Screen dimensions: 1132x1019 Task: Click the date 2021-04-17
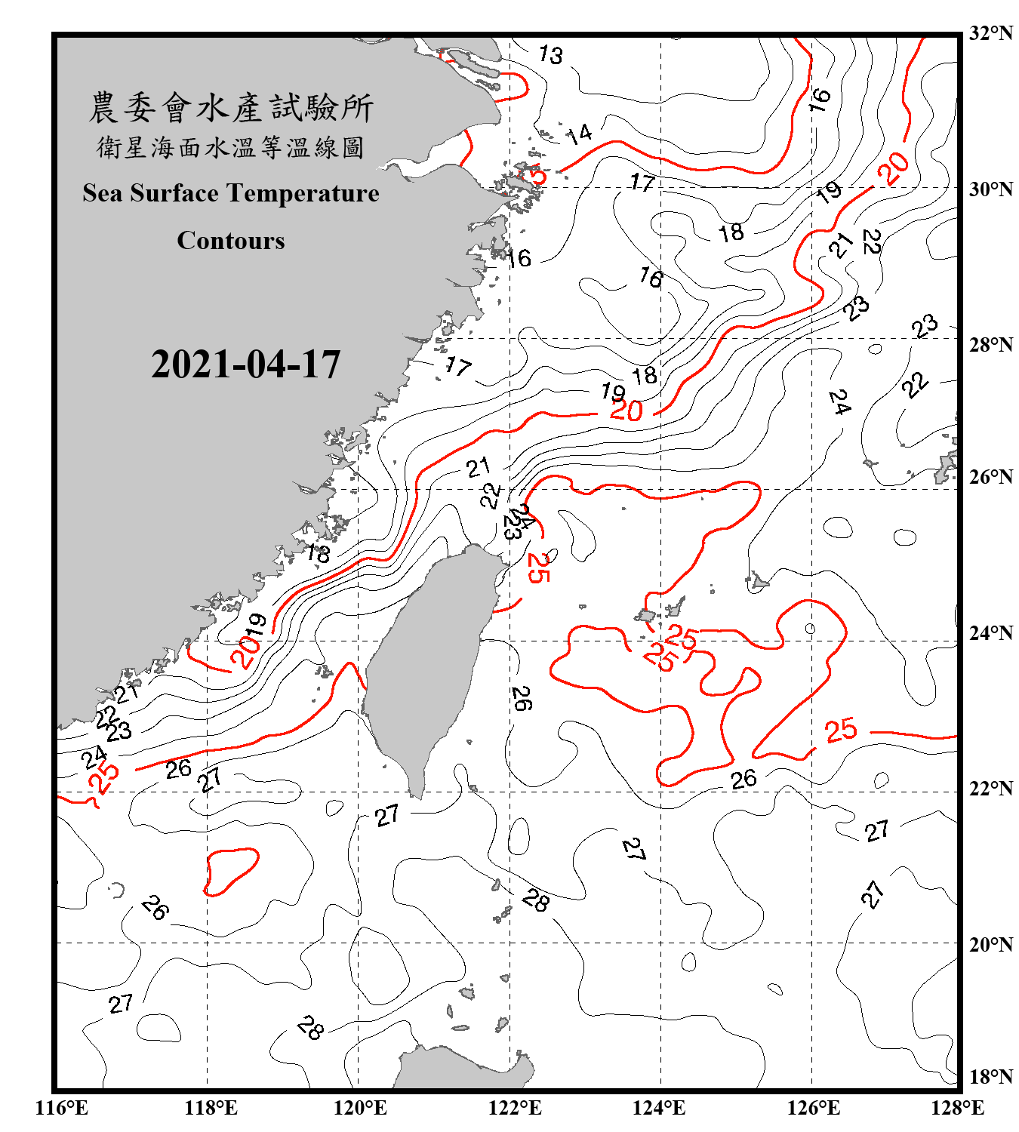(245, 365)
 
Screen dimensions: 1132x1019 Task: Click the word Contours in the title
(230, 241)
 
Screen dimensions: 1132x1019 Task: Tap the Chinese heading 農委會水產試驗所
(231, 107)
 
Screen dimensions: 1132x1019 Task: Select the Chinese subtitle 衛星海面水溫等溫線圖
(230, 147)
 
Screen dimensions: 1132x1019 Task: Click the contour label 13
(550, 54)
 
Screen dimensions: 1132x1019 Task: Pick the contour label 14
(579, 134)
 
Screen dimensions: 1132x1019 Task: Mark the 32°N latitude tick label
(990, 33)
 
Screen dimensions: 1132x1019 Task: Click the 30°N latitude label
(990, 189)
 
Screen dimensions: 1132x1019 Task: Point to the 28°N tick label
(990, 344)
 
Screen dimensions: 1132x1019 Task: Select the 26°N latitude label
(990, 477)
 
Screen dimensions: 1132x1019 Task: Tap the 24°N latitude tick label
(990, 632)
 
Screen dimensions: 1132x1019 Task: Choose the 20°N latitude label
(990, 943)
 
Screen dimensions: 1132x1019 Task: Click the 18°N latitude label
(990, 1076)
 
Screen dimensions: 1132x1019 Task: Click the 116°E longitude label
(61, 1108)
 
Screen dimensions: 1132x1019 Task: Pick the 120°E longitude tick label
(360, 1108)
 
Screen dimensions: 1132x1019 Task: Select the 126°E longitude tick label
(813, 1108)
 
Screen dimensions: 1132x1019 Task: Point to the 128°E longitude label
(957, 1108)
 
